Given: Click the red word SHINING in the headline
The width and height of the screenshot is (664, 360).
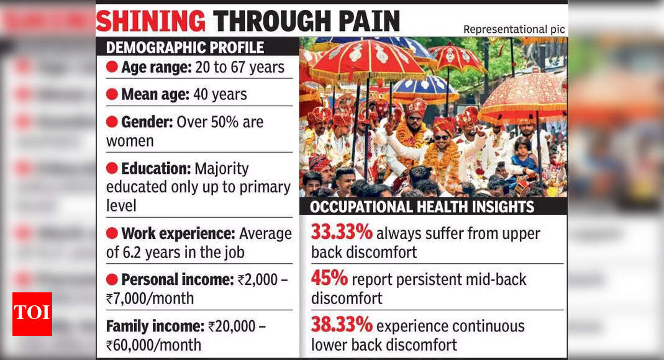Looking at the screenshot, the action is tap(151, 21).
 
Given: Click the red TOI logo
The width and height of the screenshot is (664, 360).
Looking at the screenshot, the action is tap(32, 314).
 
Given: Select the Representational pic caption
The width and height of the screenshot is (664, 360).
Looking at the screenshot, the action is tap(514, 30).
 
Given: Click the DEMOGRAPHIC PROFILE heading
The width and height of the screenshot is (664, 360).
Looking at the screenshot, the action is tap(185, 47).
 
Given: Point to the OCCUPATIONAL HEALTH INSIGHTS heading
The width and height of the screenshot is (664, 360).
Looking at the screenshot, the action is tap(422, 207).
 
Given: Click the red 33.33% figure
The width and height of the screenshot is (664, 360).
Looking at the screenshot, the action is tap(342, 232).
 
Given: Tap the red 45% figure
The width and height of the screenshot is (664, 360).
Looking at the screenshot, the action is tap(329, 278).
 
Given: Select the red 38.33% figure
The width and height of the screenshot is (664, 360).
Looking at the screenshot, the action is tap(342, 325).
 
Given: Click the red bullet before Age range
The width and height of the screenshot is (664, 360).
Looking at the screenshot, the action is tap(112, 67).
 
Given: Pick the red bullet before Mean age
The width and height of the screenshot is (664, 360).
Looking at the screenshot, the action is tap(112, 94).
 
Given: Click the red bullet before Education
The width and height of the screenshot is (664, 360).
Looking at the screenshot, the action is tap(112, 168).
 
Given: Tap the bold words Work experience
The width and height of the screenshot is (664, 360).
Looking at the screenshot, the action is tap(178, 233).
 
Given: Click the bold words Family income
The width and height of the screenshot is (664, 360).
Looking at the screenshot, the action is tap(155, 326).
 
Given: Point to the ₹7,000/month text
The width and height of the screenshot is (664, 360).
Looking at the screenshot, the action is tap(150, 299).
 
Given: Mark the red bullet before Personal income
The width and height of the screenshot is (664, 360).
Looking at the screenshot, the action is tap(112, 279).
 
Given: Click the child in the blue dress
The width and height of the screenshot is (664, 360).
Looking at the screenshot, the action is tap(524, 156).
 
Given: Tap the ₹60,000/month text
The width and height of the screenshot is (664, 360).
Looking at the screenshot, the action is tap(153, 345).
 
